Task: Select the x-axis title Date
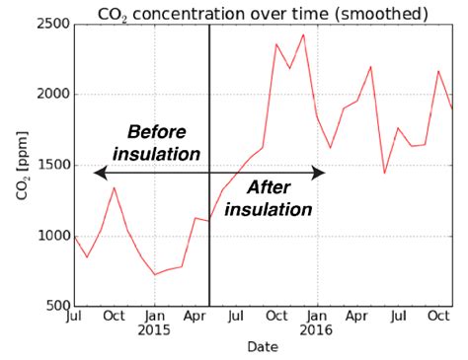coord(263,347)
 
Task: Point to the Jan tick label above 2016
coord(317,316)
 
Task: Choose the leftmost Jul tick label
coord(74,316)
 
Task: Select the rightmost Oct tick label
coord(437,316)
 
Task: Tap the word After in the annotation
coord(268,187)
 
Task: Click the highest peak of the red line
coord(303,35)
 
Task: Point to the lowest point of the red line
coord(154,274)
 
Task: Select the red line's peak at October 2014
coord(114,187)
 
